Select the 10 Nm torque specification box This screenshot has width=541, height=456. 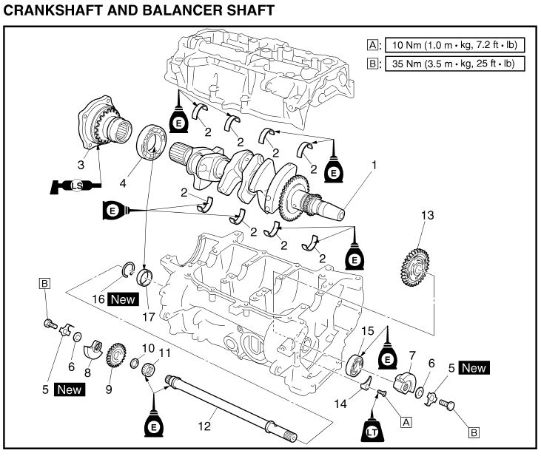coord(452,44)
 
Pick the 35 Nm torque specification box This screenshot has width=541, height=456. coord(452,64)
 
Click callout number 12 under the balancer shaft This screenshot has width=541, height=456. coord(205,426)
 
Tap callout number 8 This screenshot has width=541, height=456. coord(87,374)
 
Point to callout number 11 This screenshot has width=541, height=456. coord(165,351)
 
